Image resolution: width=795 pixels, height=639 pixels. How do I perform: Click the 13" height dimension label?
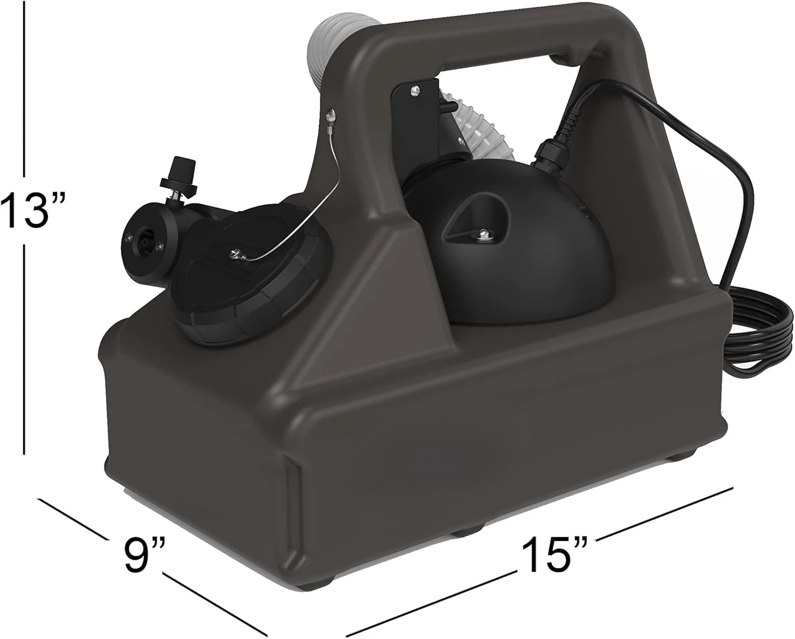tap(33, 210)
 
